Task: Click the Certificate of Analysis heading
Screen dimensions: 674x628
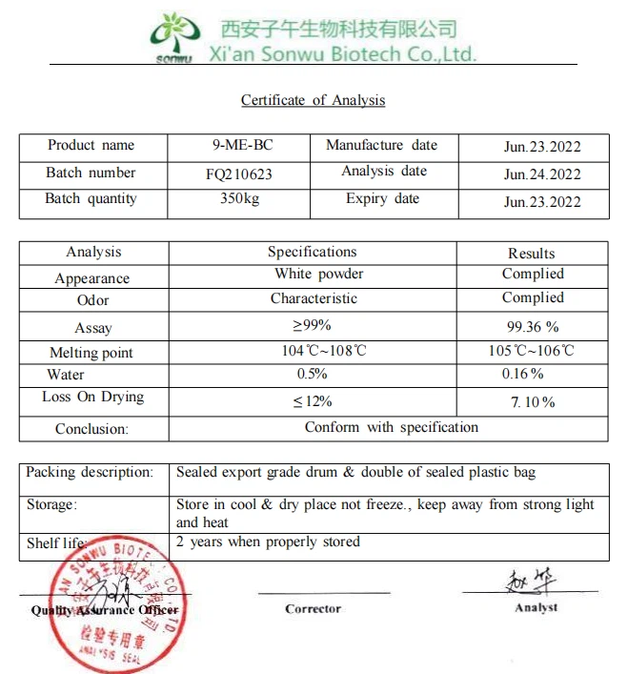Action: tap(313, 100)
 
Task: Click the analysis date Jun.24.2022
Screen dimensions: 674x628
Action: tap(542, 174)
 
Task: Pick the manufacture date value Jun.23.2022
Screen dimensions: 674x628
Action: tap(542, 147)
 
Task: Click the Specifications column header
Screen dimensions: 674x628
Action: tap(312, 253)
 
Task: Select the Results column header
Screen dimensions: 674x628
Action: tap(531, 254)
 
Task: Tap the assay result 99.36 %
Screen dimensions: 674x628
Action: tap(531, 326)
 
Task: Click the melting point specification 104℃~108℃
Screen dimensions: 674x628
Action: tap(323, 351)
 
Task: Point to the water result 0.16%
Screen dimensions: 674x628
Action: tap(523, 374)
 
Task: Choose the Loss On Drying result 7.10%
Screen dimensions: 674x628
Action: tap(533, 402)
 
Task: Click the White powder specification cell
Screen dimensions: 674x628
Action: tap(319, 275)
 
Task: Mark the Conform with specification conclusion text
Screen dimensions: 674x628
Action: tap(392, 427)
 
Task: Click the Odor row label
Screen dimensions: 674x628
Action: tap(92, 300)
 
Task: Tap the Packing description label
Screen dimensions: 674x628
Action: tap(90, 473)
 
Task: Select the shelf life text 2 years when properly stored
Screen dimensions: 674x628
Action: tap(268, 542)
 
